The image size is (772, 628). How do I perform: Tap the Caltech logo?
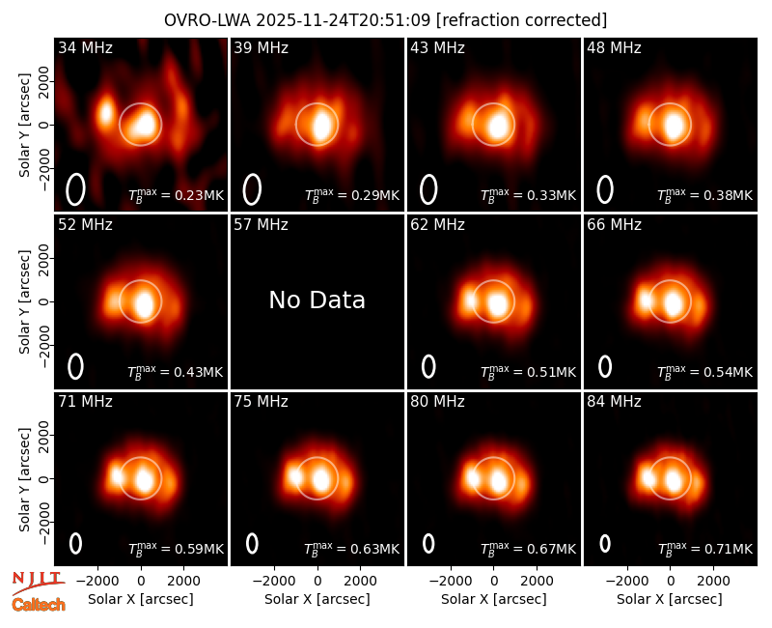[x=39, y=605]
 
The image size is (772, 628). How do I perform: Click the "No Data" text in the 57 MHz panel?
[x=317, y=300]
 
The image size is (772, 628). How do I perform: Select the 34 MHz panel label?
[x=85, y=47]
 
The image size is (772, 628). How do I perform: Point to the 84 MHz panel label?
[x=614, y=402]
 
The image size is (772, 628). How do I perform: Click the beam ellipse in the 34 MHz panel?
[x=75, y=189]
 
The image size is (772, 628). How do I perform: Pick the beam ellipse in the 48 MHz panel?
[x=605, y=189]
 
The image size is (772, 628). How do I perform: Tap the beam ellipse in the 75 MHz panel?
[x=252, y=543]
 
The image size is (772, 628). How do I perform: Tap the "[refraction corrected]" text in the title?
[x=521, y=20]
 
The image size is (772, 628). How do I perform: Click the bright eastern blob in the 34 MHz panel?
[x=105, y=113]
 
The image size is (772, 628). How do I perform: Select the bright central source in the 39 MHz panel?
[x=321, y=126]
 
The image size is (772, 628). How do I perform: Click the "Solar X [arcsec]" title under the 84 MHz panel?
[x=670, y=599]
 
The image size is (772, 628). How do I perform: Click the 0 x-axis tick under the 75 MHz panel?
[x=317, y=582]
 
